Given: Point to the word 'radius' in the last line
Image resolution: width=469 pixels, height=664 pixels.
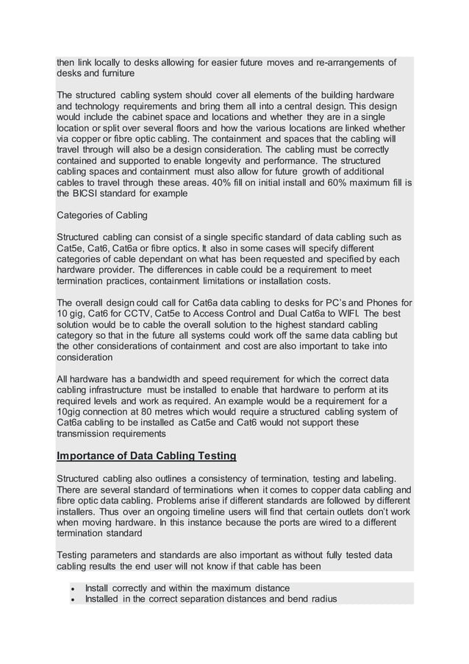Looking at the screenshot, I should tap(321, 599).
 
